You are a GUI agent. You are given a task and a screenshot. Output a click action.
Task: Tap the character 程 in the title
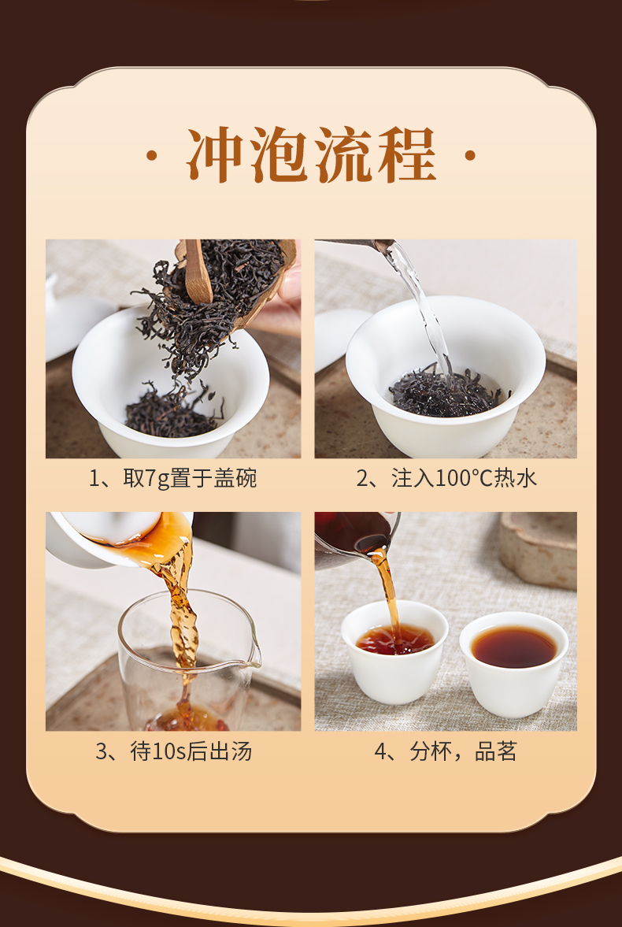pos(407,155)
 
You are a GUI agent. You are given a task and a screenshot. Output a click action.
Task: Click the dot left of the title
pos(152,156)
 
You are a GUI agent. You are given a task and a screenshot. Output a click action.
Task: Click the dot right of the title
pos(470,156)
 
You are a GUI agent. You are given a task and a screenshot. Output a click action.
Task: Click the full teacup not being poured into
pos(514,663)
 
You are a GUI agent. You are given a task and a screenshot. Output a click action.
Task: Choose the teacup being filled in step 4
pos(394,652)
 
